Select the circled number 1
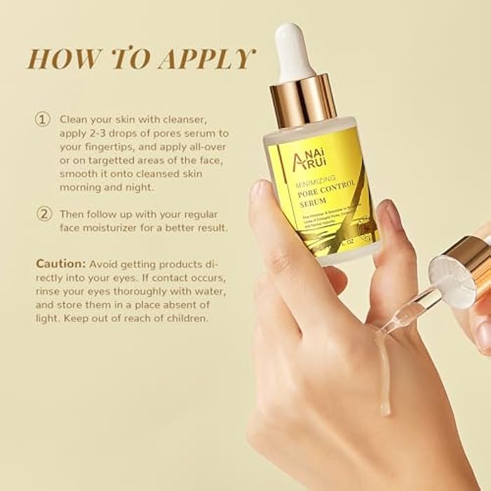click(x=43, y=119)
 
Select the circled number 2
click(x=43, y=213)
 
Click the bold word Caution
click(x=61, y=264)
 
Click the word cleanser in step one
click(x=182, y=119)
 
